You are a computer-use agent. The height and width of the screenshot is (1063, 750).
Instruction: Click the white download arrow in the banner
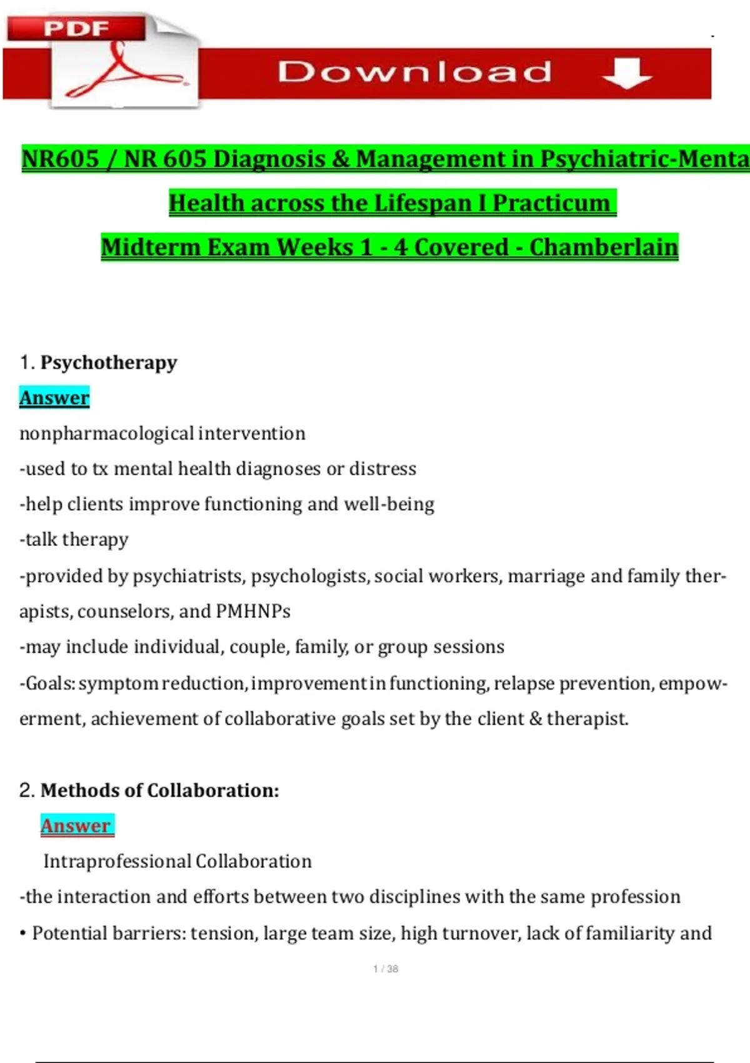[627, 74]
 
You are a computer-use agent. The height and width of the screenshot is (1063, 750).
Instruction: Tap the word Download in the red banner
[415, 72]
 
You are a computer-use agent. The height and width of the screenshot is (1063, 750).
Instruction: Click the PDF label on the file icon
[76, 29]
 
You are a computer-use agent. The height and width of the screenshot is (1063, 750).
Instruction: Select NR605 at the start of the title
[61, 159]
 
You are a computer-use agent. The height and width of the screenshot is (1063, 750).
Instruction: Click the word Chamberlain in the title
[604, 247]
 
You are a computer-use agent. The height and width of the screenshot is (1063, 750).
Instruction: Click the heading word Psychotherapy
[109, 363]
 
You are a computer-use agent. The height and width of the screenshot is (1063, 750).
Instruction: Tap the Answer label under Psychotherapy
[54, 398]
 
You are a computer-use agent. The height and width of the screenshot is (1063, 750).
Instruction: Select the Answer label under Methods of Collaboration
[76, 825]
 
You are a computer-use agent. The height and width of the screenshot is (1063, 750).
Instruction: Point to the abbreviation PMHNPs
[253, 611]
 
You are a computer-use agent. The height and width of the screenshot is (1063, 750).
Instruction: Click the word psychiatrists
[188, 576]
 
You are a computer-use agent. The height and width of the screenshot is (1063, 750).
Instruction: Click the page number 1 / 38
[386, 969]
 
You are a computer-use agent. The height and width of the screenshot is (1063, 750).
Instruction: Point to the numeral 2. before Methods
[27, 790]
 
